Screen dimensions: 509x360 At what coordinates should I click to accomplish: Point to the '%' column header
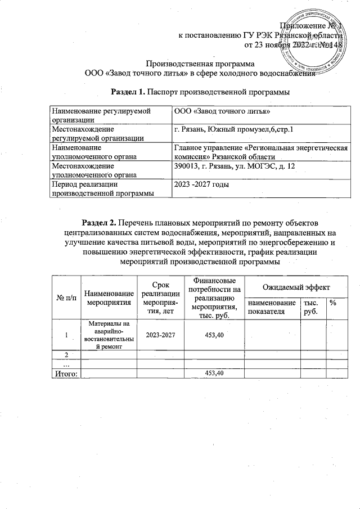tap(333, 303)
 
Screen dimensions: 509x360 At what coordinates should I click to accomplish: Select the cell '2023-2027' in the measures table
tap(160, 335)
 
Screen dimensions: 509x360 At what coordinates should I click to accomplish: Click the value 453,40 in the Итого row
tap(214, 373)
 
